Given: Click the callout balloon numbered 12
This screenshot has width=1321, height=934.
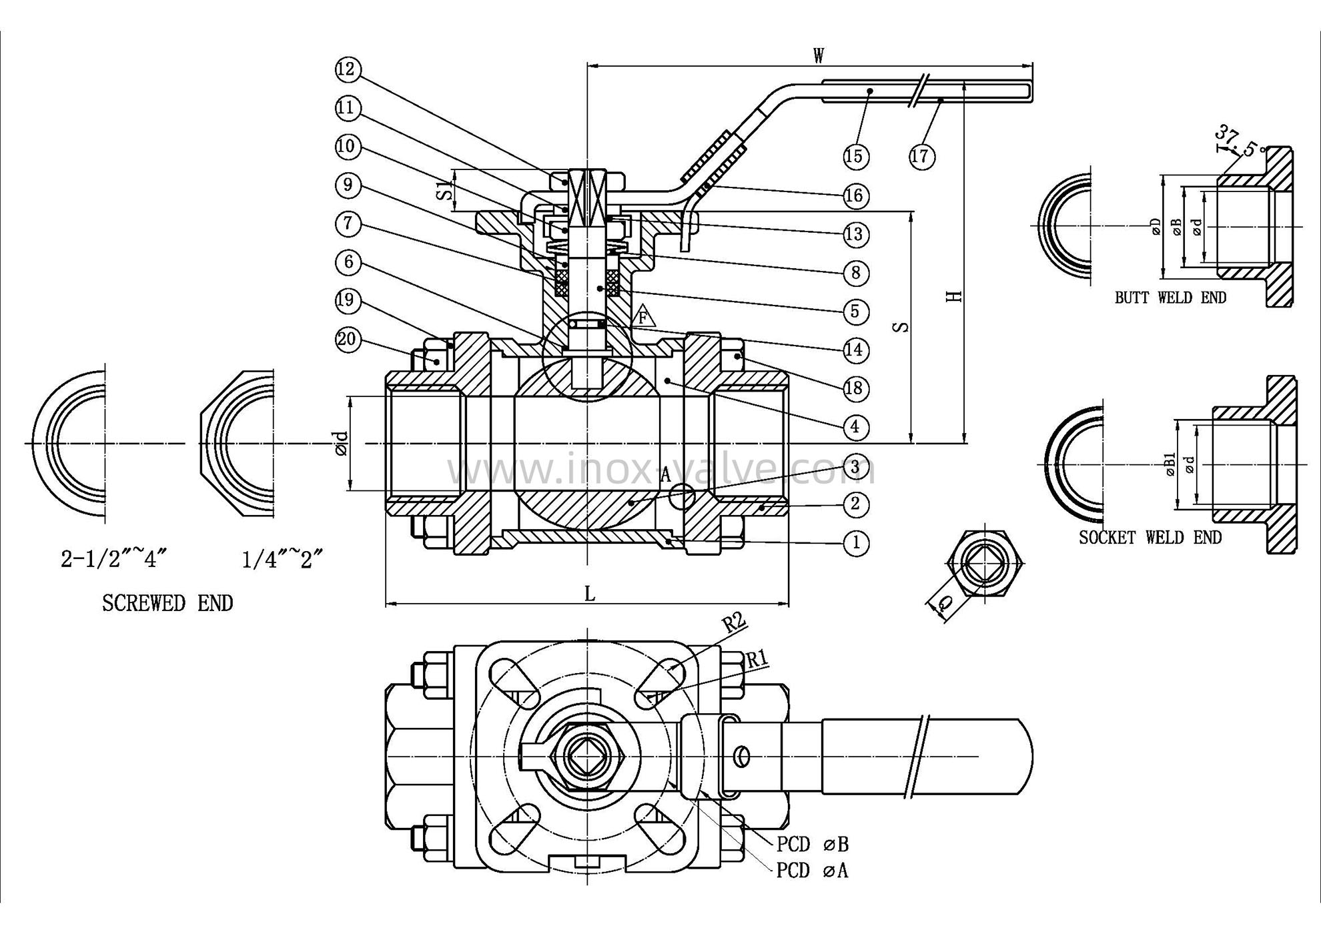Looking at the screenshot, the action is pyautogui.click(x=348, y=69).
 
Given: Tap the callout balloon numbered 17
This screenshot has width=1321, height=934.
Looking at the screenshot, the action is pyautogui.click(x=921, y=156).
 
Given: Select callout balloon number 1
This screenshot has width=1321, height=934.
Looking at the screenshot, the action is pyautogui.click(x=856, y=542).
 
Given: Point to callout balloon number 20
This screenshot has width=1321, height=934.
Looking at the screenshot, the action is pyautogui.click(x=347, y=340).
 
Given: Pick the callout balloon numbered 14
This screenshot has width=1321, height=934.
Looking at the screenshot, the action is pyautogui.click(x=855, y=350).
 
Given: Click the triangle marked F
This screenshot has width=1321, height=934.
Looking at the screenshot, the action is pyautogui.click(x=643, y=316).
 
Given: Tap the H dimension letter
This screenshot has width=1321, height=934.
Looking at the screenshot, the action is pyautogui.click(x=955, y=295).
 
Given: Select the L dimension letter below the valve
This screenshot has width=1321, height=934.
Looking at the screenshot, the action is pyautogui.click(x=590, y=593).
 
